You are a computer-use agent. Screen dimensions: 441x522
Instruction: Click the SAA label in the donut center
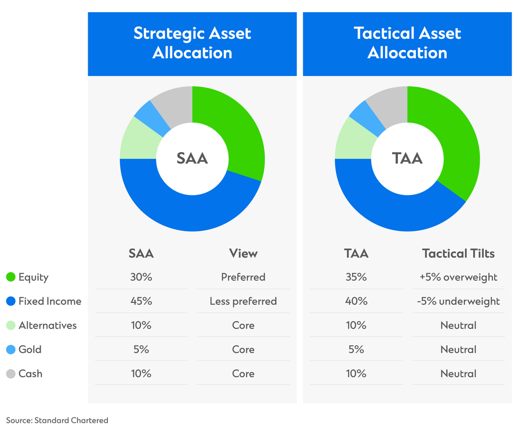coord(192,158)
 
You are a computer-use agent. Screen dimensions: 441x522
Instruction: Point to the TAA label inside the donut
coord(407,158)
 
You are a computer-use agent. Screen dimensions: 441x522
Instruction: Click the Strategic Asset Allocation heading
coord(192,43)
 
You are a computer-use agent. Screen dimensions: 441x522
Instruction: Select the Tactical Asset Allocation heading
coord(407,43)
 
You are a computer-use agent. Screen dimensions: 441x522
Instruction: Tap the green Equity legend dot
coord(10,277)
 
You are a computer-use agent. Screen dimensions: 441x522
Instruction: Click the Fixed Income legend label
coord(50,301)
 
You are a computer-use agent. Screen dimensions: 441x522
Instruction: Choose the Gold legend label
coord(30,349)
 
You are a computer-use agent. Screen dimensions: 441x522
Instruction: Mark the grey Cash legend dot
coord(10,374)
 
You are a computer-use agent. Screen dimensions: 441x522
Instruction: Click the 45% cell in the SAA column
coord(141,301)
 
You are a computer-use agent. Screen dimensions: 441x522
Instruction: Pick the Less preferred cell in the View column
coord(243,301)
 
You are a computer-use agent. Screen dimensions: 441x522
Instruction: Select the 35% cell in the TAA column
coord(356,277)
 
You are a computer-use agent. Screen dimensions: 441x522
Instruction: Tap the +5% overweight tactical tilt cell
coord(458,277)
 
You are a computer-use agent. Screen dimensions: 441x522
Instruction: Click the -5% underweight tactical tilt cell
coord(458,301)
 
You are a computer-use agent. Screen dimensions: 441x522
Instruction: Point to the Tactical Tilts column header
coord(458,254)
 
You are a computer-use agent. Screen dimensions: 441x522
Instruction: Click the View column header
coord(243,254)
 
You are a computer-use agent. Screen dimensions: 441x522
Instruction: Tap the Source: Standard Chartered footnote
coord(57,420)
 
